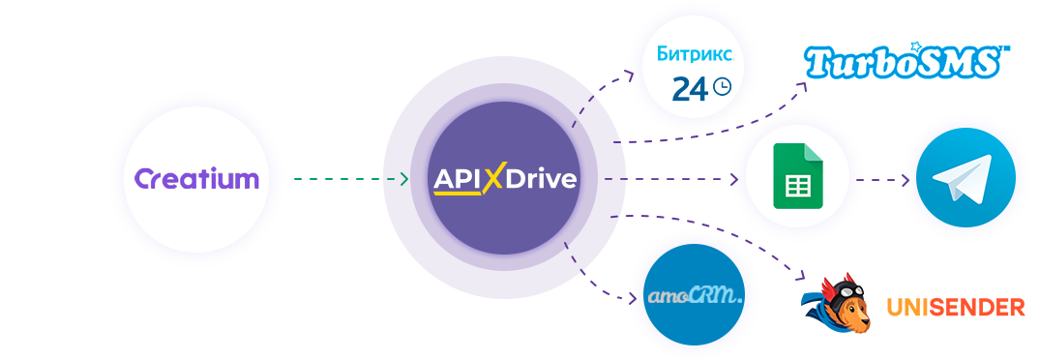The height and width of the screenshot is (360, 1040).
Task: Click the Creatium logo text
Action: tap(196, 179)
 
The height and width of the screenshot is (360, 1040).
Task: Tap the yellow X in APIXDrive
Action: tap(492, 179)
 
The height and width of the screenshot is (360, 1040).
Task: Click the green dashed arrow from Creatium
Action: tap(351, 179)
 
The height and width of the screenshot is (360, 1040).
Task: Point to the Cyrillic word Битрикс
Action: tap(695, 54)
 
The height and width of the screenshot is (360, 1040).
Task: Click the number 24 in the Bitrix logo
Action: tap(690, 89)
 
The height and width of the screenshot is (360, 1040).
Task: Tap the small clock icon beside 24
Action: tap(722, 86)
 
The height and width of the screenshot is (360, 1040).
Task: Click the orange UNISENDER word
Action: tap(956, 308)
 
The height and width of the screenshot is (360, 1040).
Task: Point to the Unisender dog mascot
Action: tap(838, 302)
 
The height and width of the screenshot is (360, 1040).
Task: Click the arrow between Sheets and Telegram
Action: tap(883, 180)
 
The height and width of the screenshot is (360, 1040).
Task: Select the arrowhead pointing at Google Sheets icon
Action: tap(733, 179)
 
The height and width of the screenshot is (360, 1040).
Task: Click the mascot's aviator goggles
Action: tap(844, 291)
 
